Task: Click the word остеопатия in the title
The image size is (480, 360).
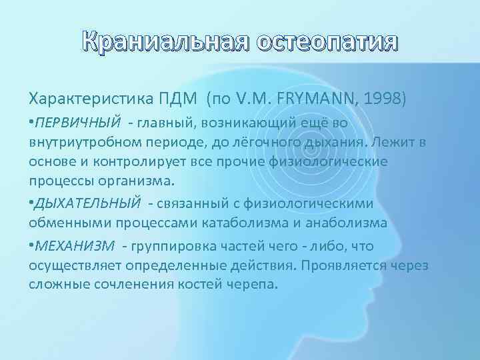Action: pyautogui.click(x=327, y=44)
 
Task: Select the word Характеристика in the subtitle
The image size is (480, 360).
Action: pyautogui.click(x=91, y=99)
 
